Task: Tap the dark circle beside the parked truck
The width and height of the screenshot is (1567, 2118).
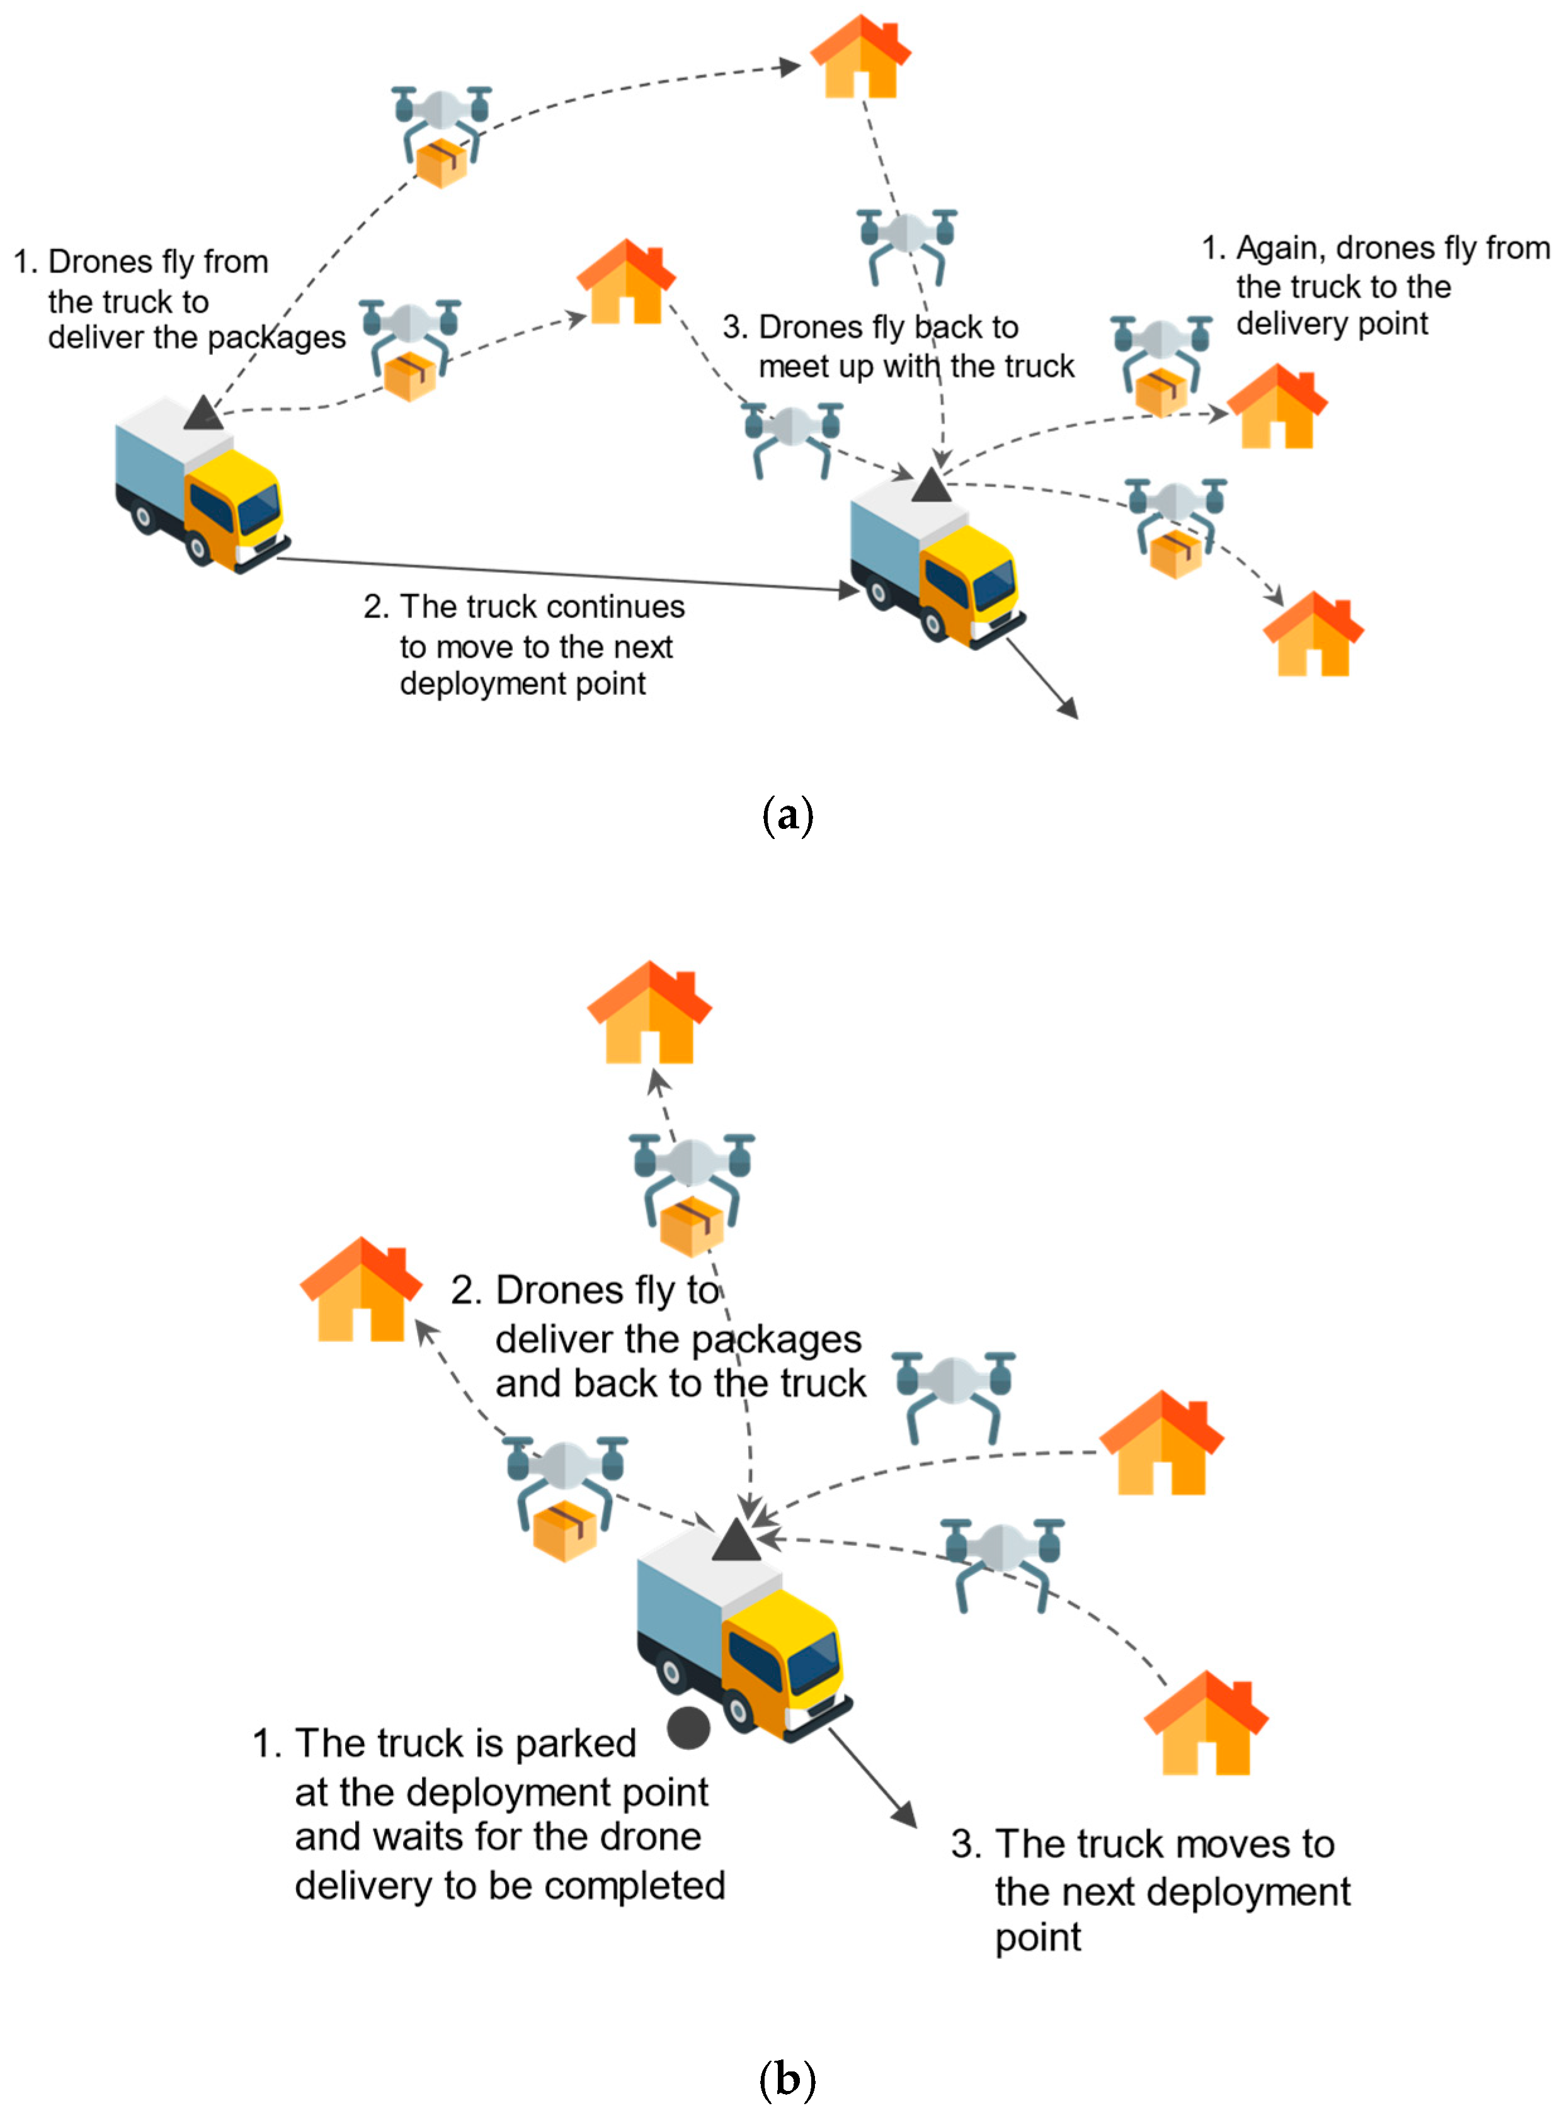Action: tap(688, 1727)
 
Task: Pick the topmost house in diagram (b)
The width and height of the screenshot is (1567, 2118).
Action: tap(650, 1013)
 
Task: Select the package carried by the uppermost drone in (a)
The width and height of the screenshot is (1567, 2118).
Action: tap(442, 163)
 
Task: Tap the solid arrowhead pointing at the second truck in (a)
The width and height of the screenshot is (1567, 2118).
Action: tap(848, 590)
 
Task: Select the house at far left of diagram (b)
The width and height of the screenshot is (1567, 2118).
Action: tap(360, 1292)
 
